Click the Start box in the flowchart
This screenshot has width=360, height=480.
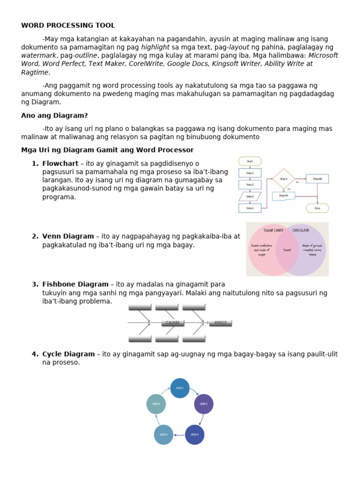pos(250,161)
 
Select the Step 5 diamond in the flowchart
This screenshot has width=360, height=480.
pos(284,179)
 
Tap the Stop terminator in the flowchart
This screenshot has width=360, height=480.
pos(317,208)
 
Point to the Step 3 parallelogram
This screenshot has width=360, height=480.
pos(250,196)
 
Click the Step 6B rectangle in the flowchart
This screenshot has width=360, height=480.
pos(317,179)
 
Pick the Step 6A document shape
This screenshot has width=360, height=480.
pos(284,195)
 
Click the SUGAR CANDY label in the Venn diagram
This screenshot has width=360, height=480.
pos(274,231)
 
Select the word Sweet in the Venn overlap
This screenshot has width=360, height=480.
pos(287,250)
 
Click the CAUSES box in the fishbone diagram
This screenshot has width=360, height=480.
pos(172,322)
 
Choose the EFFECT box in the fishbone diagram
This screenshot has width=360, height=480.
pos(220,322)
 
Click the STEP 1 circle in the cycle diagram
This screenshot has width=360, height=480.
pos(180,388)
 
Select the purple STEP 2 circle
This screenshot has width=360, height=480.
pos(203,404)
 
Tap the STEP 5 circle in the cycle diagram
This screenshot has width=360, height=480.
pos(156,404)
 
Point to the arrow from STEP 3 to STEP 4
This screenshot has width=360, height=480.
pos(179,435)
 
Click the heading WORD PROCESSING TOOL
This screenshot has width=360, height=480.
pos(68,25)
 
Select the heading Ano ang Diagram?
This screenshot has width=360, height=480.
pos(54,115)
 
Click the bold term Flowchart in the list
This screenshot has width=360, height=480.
pos(60,163)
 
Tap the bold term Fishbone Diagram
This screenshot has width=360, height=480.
pos(75,284)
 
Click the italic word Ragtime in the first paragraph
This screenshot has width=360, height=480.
pos(35,72)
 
